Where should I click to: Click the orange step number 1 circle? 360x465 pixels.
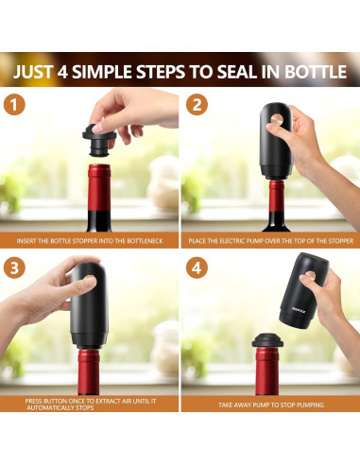coord(14,104)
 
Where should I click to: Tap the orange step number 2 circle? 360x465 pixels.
coord(197,104)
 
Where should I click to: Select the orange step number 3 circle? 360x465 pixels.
coord(14,268)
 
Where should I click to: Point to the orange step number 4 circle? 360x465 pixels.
coord(197,268)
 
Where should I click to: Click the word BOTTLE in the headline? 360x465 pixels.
coord(316,72)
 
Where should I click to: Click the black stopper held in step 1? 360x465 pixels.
coord(98,141)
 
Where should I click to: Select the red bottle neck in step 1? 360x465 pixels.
coord(99,188)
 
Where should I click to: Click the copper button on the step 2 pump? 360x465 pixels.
coord(277,119)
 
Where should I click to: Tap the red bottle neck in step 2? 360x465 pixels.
coord(277,196)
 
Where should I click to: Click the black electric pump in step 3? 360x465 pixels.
coord(90,305)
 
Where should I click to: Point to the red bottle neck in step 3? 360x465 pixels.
coord(89,371)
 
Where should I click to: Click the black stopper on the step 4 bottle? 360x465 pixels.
coord(267,340)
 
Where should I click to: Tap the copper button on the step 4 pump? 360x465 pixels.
coord(311,275)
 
